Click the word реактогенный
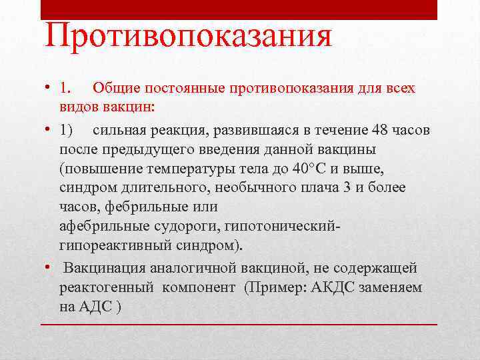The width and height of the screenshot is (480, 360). tap(107, 287)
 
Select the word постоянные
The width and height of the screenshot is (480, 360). tap(187, 88)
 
